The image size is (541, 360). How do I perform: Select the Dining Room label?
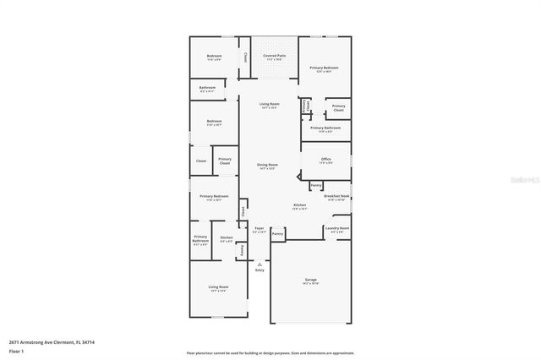(266, 166)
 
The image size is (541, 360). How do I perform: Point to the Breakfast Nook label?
(338, 198)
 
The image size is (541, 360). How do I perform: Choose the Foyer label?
(260, 229)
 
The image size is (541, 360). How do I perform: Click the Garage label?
(310, 280)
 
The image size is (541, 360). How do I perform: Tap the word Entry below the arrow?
(260, 270)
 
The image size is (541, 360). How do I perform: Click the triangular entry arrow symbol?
(260, 263)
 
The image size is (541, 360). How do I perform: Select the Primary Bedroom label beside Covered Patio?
(324, 68)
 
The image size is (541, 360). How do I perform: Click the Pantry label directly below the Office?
(315, 185)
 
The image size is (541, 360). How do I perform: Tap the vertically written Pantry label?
(243, 250)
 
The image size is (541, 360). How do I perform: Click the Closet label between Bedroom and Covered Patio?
(245, 57)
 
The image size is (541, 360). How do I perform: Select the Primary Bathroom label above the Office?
(325, 130)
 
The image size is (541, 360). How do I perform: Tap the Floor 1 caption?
(17, 349)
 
